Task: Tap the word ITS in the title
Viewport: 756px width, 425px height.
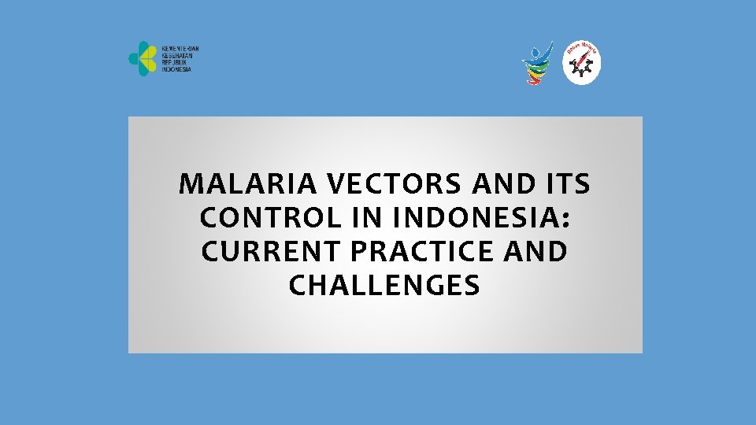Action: pos(566,184)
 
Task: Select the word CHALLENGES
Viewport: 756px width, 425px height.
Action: pos(384,286)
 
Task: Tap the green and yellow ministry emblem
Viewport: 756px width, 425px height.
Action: pos(143,59)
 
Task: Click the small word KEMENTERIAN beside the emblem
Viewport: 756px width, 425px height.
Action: pos(180,49)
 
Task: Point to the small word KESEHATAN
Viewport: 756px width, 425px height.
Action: pos(178,56)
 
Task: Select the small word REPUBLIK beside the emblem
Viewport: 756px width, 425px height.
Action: pos(176,63)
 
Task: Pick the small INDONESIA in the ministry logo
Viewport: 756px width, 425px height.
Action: pos(176,70)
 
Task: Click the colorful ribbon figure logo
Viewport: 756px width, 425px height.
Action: pos(539,62)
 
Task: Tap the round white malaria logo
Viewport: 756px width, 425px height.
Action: pos(582,64)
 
